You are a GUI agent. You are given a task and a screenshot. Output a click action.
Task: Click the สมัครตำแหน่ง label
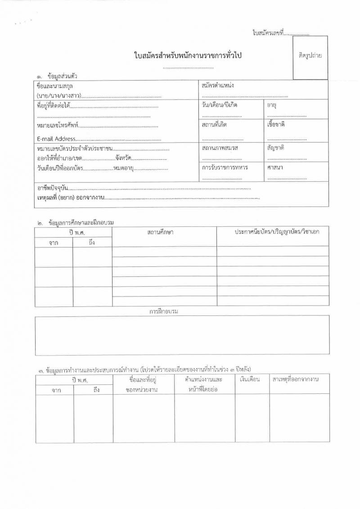218,85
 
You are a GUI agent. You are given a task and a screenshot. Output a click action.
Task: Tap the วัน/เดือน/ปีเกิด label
220,105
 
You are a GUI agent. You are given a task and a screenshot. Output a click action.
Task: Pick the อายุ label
271,105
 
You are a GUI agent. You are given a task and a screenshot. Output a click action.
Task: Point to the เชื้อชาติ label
276,124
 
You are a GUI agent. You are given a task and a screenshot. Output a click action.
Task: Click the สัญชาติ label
275,148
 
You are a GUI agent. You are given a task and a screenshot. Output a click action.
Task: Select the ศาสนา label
274,167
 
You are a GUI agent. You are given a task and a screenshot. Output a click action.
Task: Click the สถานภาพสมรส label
220,148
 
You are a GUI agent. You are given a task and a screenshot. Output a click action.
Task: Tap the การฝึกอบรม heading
164,311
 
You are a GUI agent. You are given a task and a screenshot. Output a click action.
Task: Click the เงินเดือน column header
250,380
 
